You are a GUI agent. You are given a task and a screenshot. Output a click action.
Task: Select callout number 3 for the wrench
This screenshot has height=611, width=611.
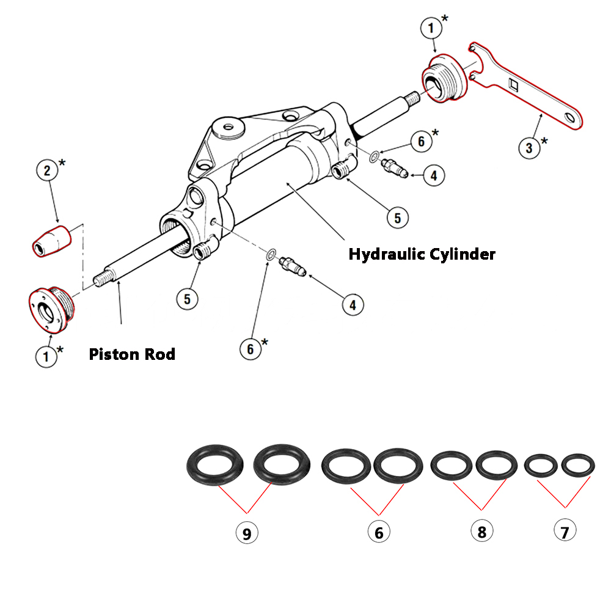(x=529, y=147)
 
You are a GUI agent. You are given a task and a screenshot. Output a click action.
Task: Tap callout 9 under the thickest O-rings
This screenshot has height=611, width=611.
(x=247, y=534)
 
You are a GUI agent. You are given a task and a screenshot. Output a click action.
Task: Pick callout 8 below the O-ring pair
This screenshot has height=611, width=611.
(x=481, y=531)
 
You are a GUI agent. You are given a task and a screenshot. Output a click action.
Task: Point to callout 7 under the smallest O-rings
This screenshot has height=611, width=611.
(x=565, y=531)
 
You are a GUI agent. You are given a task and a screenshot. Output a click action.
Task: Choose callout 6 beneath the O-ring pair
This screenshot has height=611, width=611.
(x=379, y=532)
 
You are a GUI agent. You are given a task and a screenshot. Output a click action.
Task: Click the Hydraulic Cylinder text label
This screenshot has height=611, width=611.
(x=422, y=254)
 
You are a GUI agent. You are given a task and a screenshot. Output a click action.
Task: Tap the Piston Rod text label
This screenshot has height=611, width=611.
(x=132, y=354)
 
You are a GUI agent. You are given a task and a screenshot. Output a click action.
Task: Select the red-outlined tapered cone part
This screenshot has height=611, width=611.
(x=51, y=241)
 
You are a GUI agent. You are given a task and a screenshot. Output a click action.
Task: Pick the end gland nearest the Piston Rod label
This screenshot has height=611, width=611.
(x=51, y=310)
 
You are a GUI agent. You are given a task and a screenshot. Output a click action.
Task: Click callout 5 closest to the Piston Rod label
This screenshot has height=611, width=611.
(x=188, y=299)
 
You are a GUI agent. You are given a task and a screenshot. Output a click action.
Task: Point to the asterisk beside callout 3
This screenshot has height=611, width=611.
(x=544, y=141)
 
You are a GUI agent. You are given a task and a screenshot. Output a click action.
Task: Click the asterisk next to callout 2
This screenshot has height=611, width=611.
(x=62, y=164)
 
